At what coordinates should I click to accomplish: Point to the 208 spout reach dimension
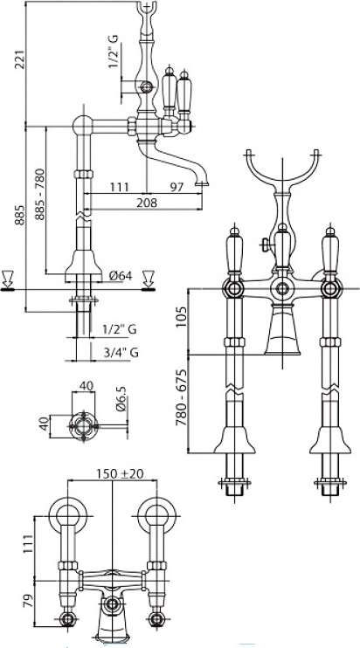click(148, 203)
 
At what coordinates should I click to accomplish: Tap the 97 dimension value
click(177, 187)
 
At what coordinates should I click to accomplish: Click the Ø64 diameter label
click(121, 275)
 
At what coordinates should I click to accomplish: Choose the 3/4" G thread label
click(121, 353)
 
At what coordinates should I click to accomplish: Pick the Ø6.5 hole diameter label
click(121, 399)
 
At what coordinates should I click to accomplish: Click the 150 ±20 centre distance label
click(120, 473)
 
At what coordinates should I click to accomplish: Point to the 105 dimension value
click(182, 317)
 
